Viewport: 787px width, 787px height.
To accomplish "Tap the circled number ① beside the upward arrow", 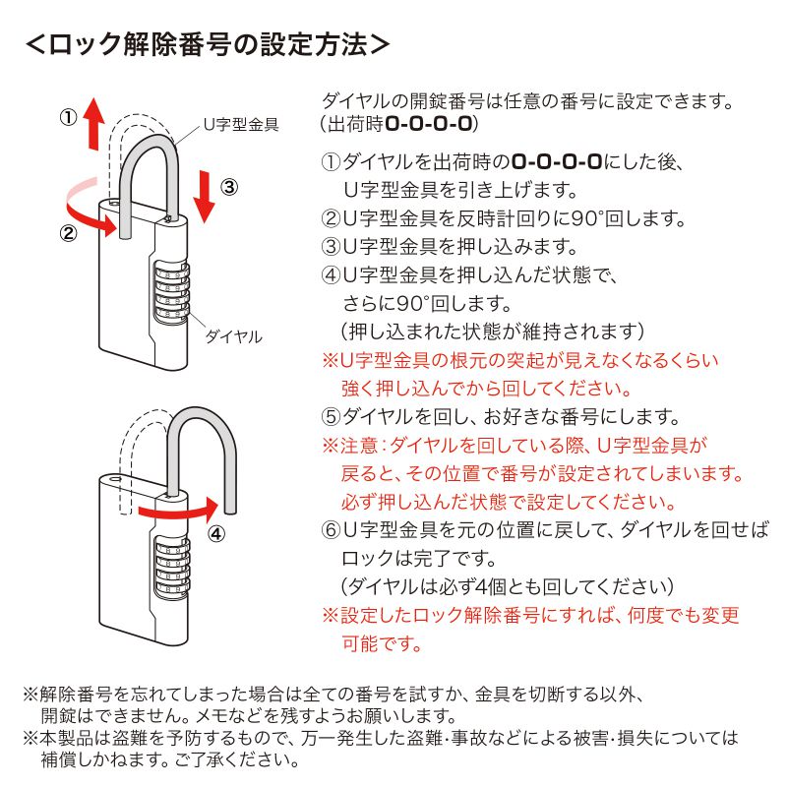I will coord(68,116).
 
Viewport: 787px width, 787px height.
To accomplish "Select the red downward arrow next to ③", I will coord(204,195).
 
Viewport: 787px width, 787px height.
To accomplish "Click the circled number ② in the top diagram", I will coord(68,233).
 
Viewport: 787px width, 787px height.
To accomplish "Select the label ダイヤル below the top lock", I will coord(233,336).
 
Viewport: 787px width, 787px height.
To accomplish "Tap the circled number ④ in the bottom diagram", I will coord(217,533).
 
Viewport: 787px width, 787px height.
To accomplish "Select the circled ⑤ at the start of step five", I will coord(332,416).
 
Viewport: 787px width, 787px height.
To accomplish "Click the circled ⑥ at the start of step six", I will coord(332,530).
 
